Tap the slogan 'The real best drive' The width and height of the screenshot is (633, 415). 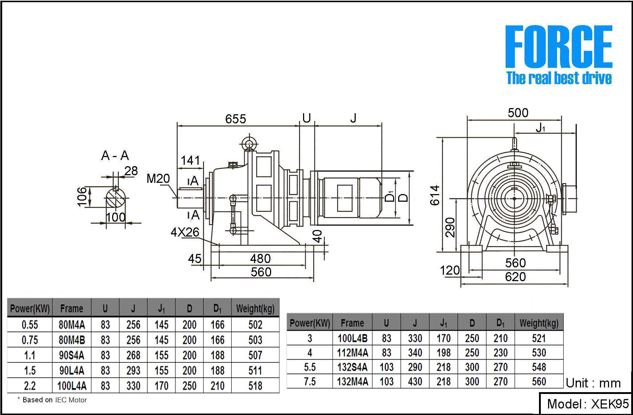click(559, 78)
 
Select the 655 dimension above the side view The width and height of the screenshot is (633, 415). click(236, 119)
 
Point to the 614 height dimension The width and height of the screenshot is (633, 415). click(435, 195)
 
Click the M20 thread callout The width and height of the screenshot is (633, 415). click(158, 178)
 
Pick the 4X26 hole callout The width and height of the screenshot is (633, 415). click(185, 232)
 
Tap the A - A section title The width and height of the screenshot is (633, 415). click(115, 156)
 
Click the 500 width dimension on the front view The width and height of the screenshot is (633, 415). click(518, 113)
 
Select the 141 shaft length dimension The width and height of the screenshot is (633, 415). click(191, 160)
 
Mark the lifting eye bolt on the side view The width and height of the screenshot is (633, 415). click(249, 144)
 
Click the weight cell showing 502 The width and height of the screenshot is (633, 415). click(255, 325)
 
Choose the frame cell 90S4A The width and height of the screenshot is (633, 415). click(72, 355)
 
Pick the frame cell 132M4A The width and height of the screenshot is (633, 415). click(352, 382)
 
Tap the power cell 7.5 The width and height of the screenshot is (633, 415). click(310, 382)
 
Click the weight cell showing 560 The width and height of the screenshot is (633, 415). click(539, 382)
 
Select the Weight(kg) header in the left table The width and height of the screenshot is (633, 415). click(255, 309)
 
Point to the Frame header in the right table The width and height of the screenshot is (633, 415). click(352, 323)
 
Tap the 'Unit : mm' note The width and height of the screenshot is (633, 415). click(593, 383)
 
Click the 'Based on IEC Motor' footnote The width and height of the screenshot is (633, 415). click(53, 400)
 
